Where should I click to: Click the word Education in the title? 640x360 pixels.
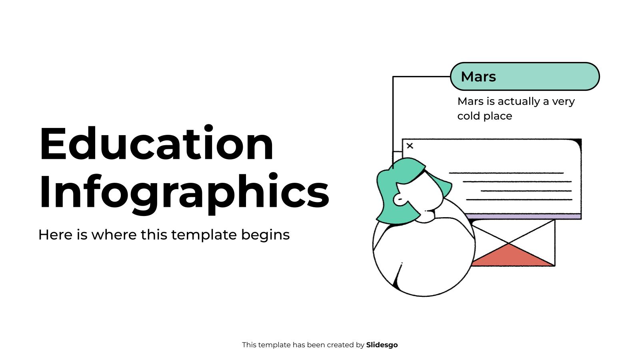(156, 144)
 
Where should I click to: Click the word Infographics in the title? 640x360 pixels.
(184, 192)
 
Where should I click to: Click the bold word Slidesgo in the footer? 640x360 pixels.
(382, 345)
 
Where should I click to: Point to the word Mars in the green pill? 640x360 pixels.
(478, 76)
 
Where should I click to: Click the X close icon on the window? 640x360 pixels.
(410, 146)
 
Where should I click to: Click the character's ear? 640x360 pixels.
(399, 199)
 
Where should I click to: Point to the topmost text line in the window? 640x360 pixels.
(506, 173)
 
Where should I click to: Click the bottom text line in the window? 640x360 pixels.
(519, 199)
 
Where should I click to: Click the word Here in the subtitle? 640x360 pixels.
(55, 235)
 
